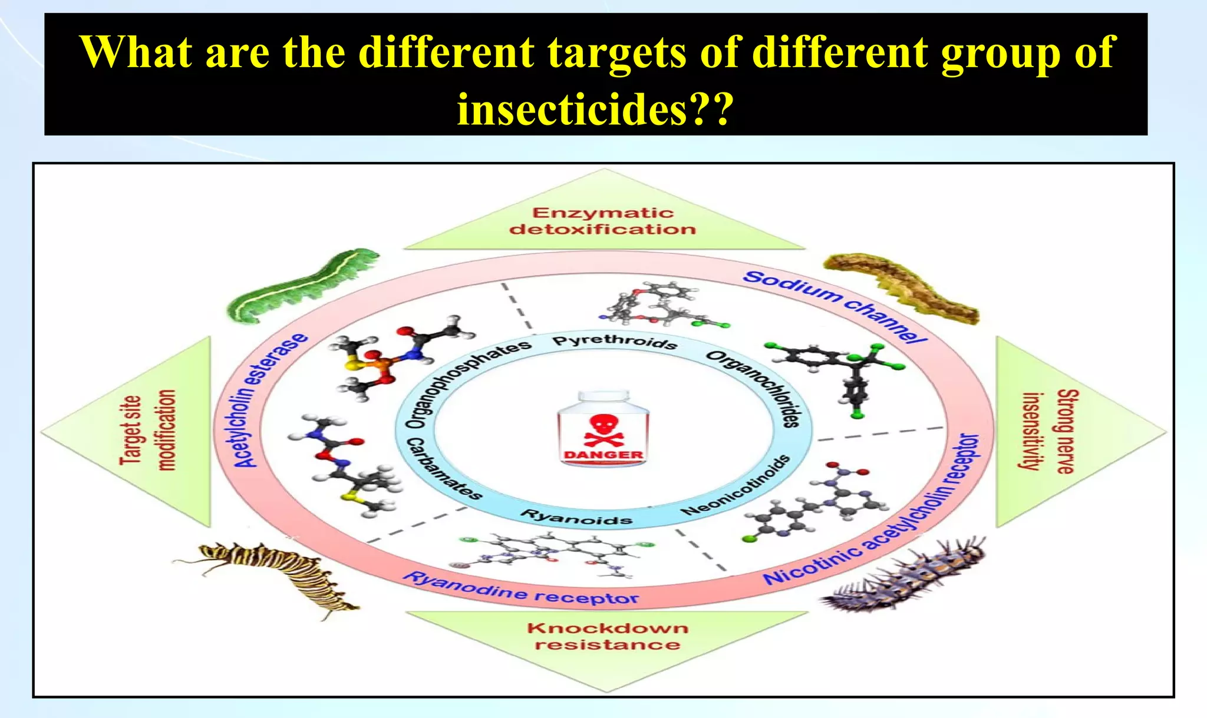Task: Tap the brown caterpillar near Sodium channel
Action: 902,289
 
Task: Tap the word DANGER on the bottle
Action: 603,455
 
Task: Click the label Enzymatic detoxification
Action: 603,221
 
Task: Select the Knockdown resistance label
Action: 607,636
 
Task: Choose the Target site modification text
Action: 147,430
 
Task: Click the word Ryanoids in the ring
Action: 576,518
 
